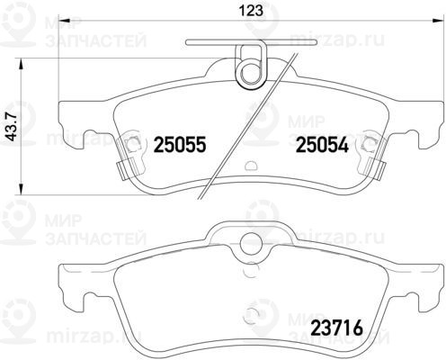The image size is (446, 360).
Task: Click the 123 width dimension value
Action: pyautogui.click(x=251, y=11)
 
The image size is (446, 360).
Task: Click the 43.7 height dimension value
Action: pyautogui.click(x=13, y=126)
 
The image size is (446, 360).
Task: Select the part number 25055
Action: pyautogui.click(x=180, y=145)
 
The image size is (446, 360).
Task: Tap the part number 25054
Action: pyautogui.click(x=322, y=145)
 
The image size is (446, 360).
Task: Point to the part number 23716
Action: pyautogui.click(x=336, y=328)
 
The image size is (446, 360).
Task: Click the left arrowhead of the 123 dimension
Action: pyautogui.click(x=65, y=21)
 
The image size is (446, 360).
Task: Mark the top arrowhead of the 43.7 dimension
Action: pyautogui.click(x=21, y=65)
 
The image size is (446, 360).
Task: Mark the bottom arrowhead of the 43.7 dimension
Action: pyautogui.click(x=21, y=188)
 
